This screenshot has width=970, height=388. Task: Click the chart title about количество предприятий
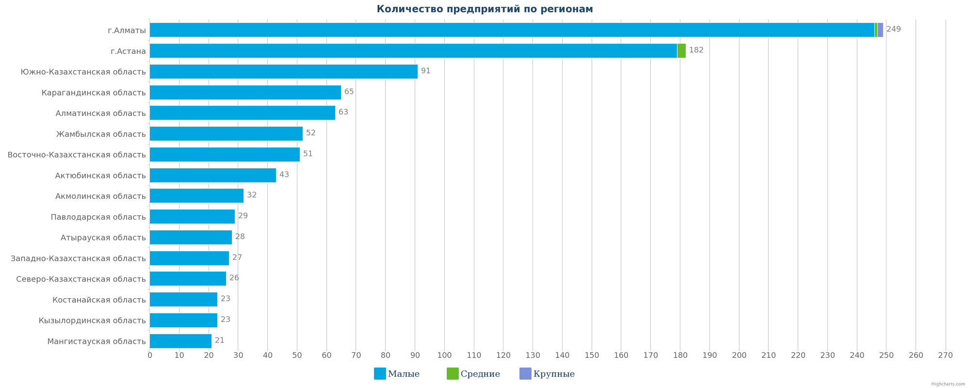point(485,9)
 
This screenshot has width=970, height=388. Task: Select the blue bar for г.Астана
point(412,51)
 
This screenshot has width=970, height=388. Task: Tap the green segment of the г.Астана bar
point(681,51)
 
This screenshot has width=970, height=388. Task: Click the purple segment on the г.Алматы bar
point(880,30)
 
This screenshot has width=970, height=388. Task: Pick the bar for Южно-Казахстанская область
point(283,72)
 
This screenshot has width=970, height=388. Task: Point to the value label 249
point(893,29)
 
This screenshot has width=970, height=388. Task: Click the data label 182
point(696,50)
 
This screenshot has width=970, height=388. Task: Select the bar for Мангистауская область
point(180,341)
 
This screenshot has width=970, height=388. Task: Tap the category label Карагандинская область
point(94,93)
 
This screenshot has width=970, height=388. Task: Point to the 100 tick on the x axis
point(444,356)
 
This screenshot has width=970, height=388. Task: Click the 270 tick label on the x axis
point(945,356)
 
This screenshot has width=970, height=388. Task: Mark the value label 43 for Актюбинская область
point(284,175)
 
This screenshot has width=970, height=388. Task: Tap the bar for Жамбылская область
point(226,134)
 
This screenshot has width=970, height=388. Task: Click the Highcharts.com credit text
point(948,384)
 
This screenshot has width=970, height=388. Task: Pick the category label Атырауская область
point(103,238)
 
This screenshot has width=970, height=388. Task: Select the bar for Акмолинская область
point(196,196)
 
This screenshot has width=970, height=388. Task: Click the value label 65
point(349,92)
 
